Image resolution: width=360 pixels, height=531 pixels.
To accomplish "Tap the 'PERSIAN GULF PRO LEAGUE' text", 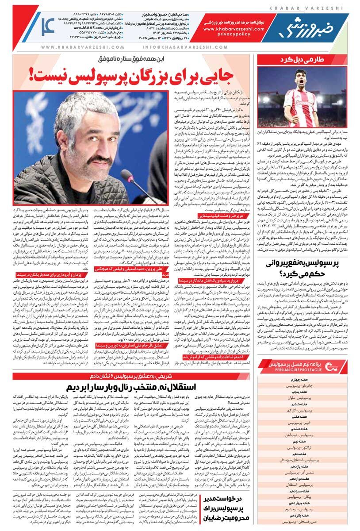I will point(299,370).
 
